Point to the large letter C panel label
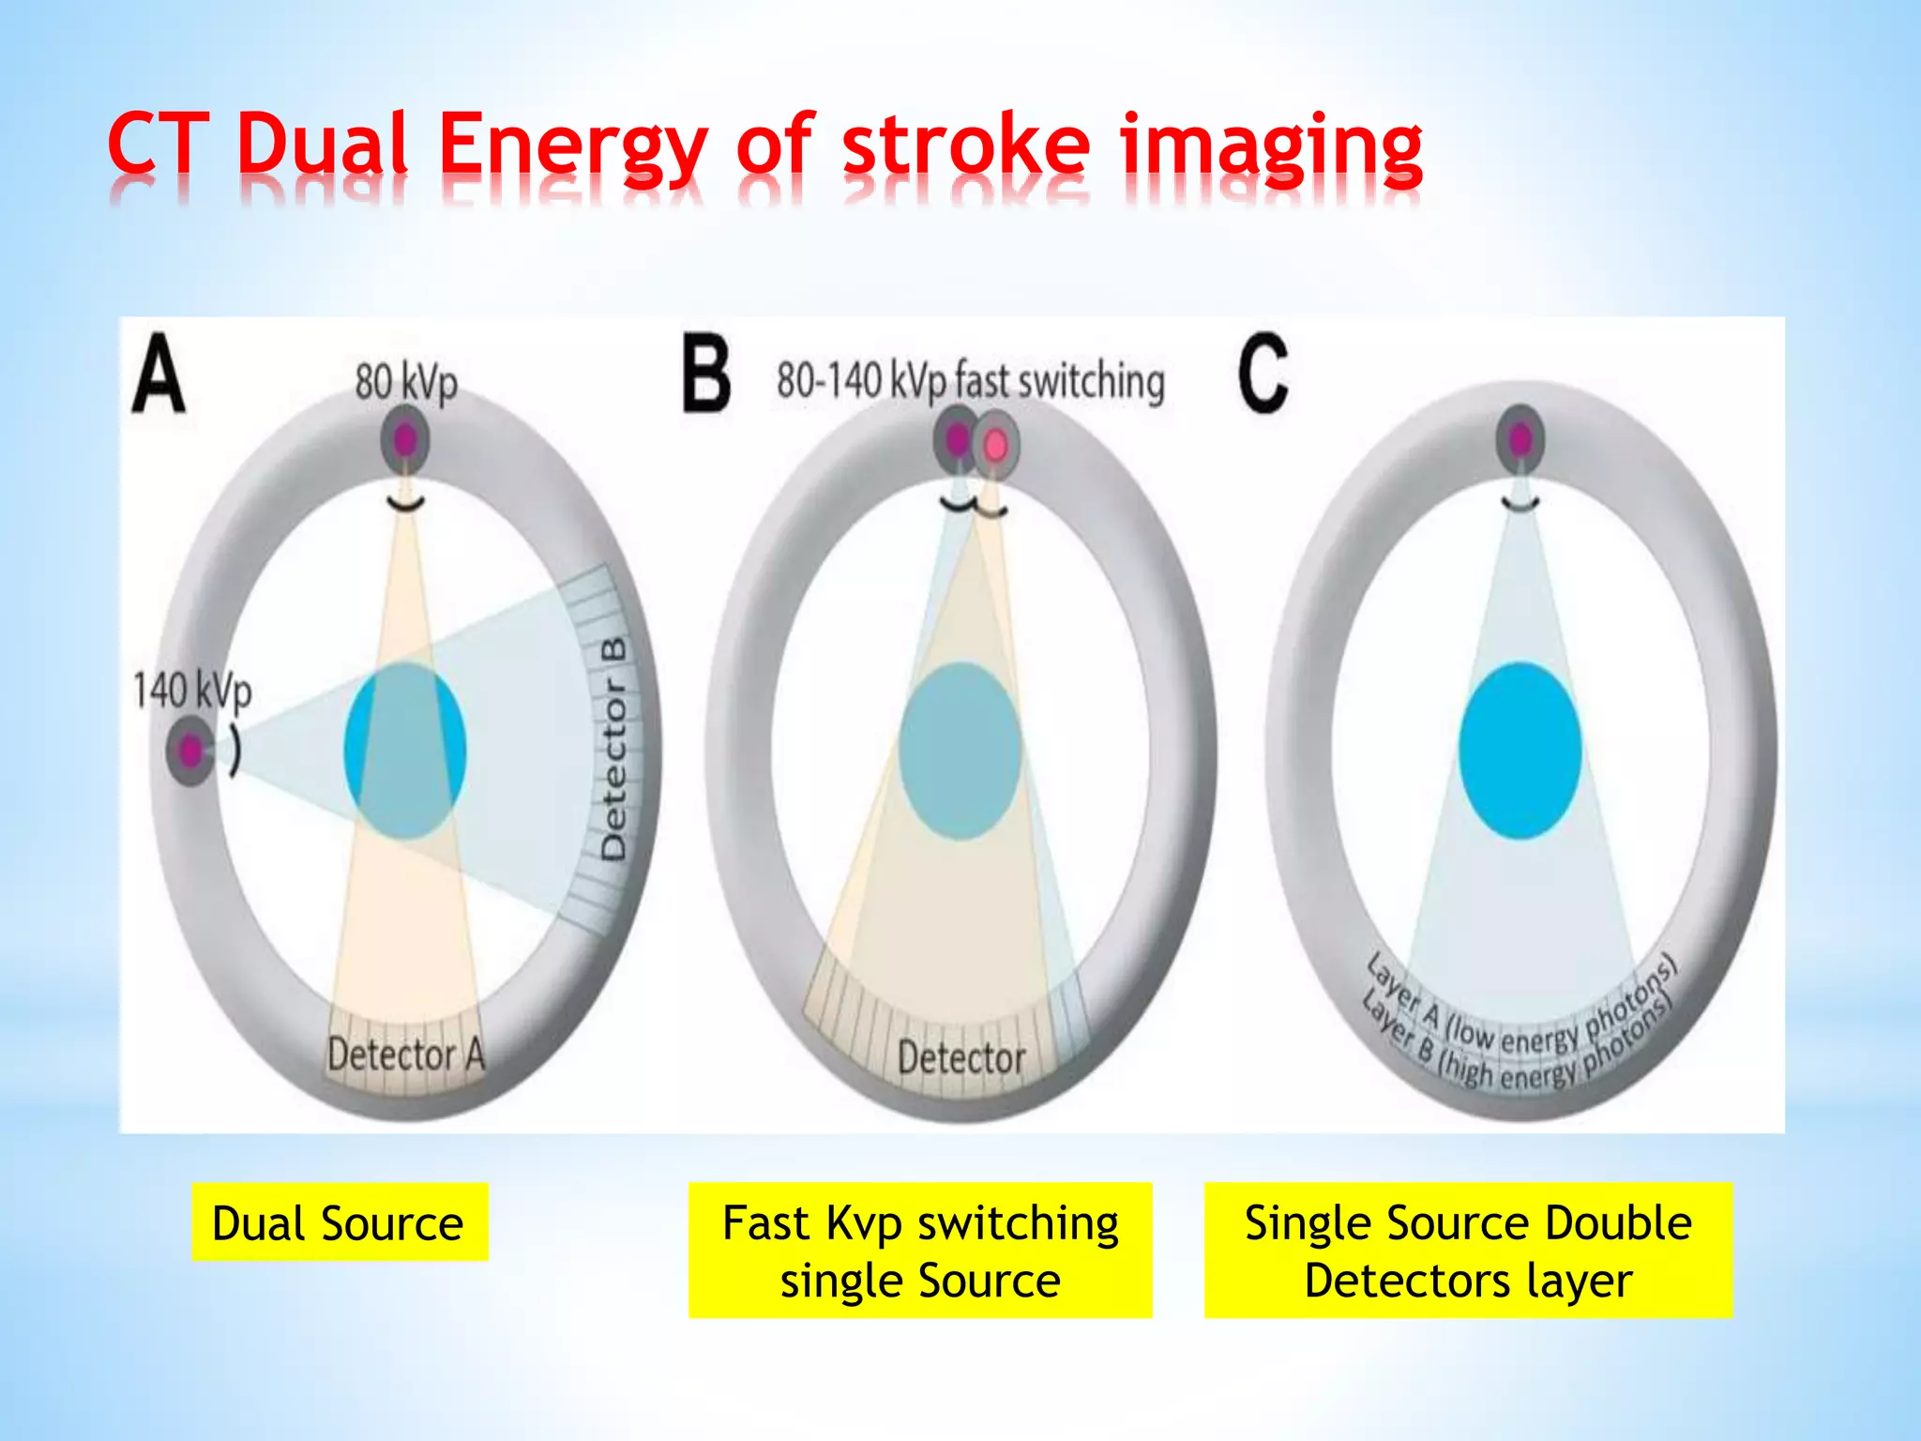click(x=1263, y=373)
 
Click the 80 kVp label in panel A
click(x=406, y=383)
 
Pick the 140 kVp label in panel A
click(x=192, y=691)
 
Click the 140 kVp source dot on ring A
click(x=190, y=751)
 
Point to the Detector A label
click(x=406, y=1054)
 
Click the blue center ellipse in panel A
click(x=405, y=751)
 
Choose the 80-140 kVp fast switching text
click(x=971, y=382)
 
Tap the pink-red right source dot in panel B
click(x=995, y=444)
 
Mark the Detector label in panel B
click(x=961, y=1058)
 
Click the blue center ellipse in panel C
click(x=1520, y=751)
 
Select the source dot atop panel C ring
click(x=1520, y=438)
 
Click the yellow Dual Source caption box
click(x=340, y=1222)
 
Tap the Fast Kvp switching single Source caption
click(x=920, y=1251)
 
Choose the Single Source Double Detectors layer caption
click(x=1468, y=1251)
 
